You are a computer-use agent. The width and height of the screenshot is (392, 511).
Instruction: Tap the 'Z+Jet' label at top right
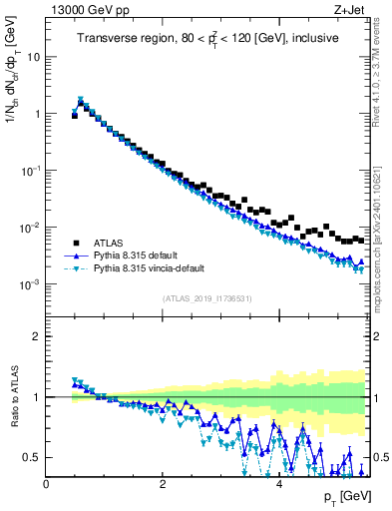[351, 10]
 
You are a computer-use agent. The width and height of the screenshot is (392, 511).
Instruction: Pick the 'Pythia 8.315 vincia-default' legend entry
[155, 268]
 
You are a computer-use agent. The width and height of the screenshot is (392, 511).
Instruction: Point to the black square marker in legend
[75, 243]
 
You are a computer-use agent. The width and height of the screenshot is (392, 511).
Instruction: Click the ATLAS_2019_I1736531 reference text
[206, 298]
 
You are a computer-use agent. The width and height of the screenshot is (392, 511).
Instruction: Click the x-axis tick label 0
[46, 485]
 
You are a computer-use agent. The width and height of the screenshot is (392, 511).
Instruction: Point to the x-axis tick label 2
[163, 485]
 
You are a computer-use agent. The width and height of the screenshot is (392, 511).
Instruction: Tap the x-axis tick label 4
[278, 485]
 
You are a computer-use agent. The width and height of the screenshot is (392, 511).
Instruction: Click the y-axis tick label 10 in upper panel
[33, 57]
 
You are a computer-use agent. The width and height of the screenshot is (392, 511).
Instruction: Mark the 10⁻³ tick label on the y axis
[31, 284]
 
